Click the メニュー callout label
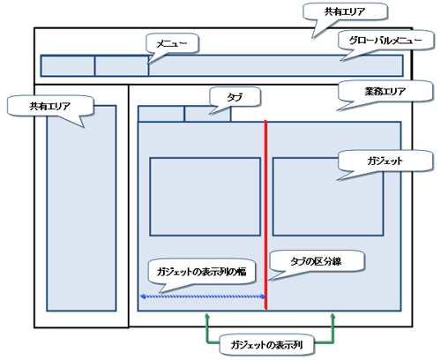click(172, 43)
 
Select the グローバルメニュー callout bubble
click(385, 40)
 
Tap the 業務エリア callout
click(385, 91)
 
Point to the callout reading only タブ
click(235, 97)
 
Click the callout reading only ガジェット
click(385, 161)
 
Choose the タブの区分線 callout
click(317, 261)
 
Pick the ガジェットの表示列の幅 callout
click(201, 272)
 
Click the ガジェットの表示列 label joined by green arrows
click(266, 345)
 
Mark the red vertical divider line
click(265, 214)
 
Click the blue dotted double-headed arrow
click(203, 296)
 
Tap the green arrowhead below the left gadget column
click(207, 316)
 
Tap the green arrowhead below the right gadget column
click(333, 316)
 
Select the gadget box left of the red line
click(206, 197)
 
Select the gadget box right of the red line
click(328, 197)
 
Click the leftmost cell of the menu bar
click(68, 66)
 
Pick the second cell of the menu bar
click(122, 66)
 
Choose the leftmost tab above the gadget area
click(161, 114)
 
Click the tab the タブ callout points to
click(207, 114)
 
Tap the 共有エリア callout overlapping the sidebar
click(50, 106)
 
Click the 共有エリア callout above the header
click(345, 11)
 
